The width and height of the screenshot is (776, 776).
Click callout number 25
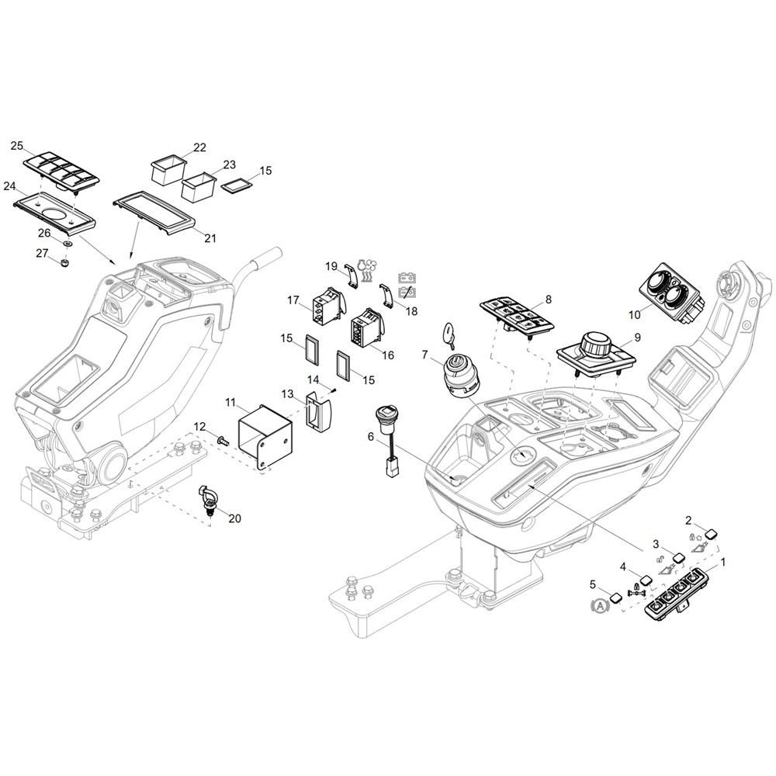(17, 146)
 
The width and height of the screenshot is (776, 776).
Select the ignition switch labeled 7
(459, 376)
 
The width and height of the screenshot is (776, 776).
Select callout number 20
(234, 518)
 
